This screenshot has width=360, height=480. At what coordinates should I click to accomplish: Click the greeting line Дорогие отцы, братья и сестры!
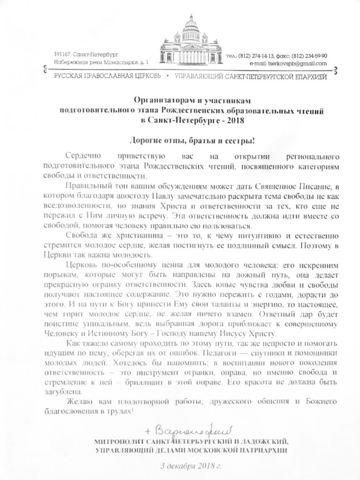pyautogui.click(x=180, y=140)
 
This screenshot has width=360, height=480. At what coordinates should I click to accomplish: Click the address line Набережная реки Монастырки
pyautogui.click(x=85, y=62)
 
